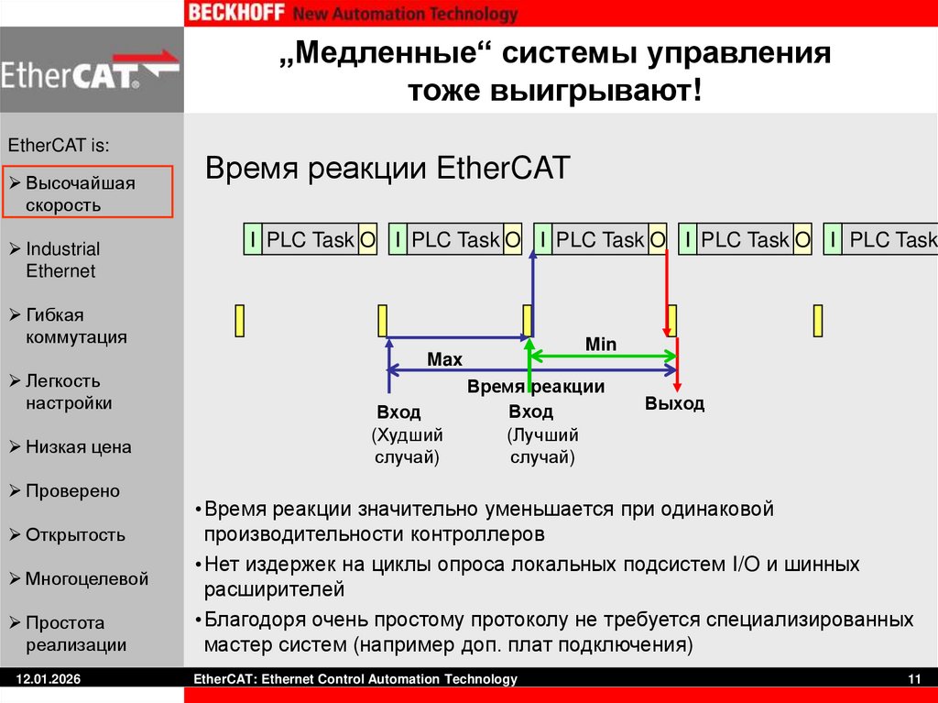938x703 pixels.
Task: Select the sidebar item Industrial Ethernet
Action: click(62, 259)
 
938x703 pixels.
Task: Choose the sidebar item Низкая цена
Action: click(78, 447)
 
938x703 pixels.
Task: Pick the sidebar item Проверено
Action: click(72, 491)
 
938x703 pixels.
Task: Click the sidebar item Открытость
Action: click(75, 535)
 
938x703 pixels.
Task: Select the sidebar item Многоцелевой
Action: click(86, 579)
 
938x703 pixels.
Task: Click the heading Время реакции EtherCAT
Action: click(387, 169)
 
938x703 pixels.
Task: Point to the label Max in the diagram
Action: click(444, 360)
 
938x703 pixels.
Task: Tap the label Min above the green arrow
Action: click(601, 345)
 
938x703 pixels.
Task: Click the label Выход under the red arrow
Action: click(674, 403)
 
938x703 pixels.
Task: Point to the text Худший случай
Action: click(408, 445)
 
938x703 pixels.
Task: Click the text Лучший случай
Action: click(542, 445)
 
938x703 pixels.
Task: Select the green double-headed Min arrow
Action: click(603, 356)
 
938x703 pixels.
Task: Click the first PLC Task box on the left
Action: click(310, 240)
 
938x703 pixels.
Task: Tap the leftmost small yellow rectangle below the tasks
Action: click(240, 321)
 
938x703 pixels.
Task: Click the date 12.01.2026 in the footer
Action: click(44, 679)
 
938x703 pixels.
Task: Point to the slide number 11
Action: click(913, 679)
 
